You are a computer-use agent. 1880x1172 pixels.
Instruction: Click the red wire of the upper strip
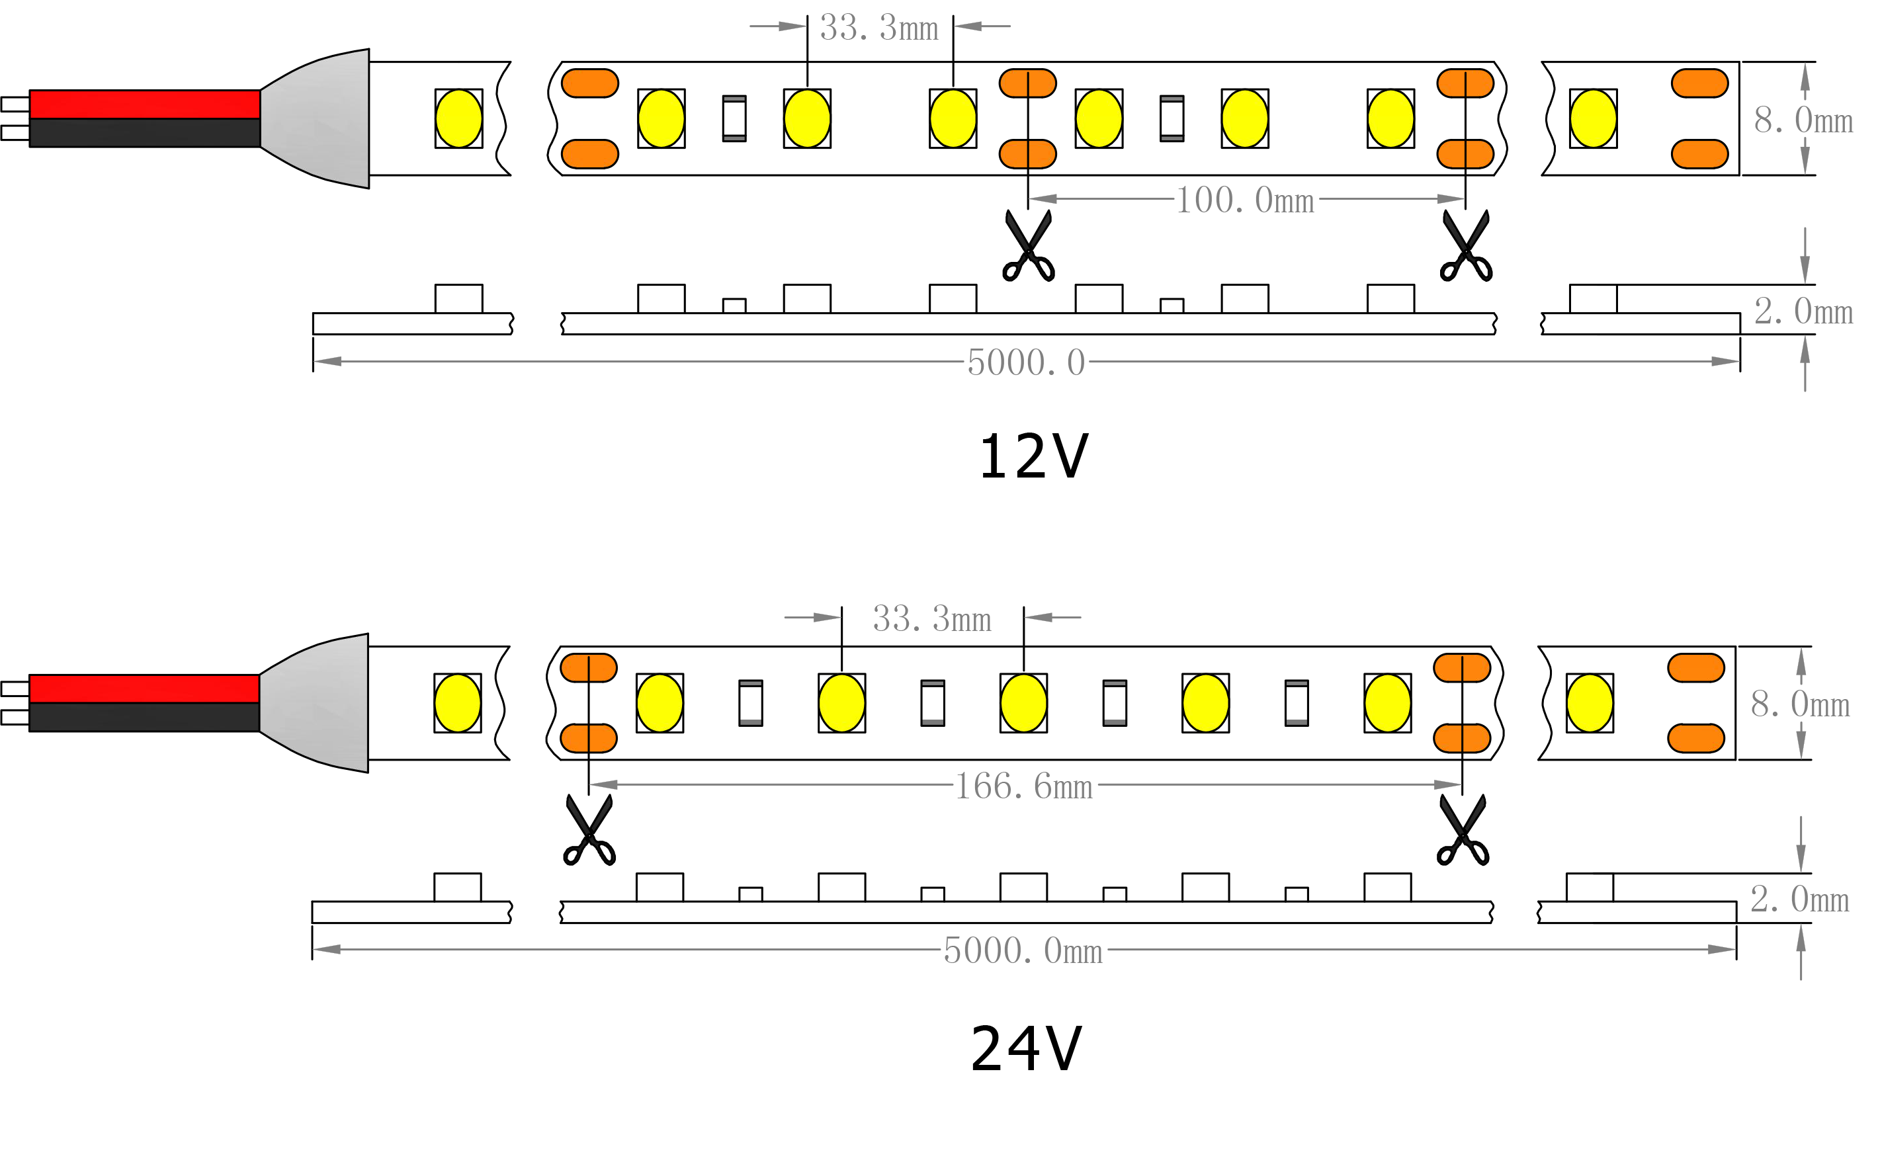(145, 105)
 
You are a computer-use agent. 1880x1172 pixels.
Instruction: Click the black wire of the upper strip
(145, 132)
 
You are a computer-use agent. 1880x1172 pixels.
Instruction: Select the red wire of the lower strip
(144, 689)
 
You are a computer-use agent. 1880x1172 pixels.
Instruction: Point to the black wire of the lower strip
(144, 717)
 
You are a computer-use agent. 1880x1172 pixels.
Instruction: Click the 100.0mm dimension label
(1245, 202)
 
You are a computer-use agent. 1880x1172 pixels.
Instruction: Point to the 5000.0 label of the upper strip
(1027, 362)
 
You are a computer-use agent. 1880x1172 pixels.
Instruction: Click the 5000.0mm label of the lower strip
(1023, 951)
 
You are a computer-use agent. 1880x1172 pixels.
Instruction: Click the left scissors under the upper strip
(1028, 247)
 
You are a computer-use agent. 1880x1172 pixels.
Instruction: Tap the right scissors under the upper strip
(1465, 247)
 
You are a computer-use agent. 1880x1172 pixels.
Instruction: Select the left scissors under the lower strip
(589, 831)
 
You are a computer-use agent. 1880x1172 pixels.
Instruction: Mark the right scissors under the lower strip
(1462, 831)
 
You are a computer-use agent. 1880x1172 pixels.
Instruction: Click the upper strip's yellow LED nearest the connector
(459, 118)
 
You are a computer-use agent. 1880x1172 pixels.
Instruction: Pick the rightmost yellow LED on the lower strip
(1590, 703)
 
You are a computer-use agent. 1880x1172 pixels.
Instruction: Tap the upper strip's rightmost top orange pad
(1699, 83)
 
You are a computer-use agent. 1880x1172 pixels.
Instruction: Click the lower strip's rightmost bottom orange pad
(1695, 739)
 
